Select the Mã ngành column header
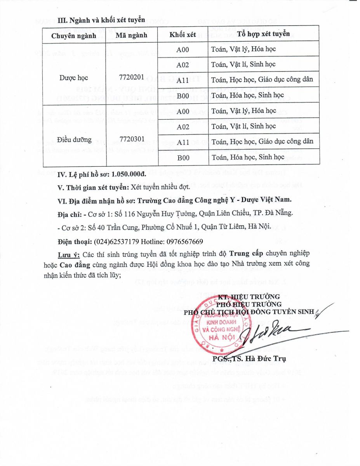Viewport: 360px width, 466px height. coord(132,35)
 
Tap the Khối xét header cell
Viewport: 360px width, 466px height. coord(183,35)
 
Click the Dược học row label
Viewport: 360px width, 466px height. coord(74,78)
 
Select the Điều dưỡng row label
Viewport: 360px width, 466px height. coord(74,139)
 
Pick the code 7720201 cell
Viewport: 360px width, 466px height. coord(132,77)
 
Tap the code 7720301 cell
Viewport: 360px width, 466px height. coord(132,139)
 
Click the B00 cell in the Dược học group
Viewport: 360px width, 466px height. coord(183,95)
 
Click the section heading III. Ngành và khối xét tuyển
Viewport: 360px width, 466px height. coord(101,19)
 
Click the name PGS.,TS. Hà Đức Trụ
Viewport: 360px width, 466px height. coord(249,358)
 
